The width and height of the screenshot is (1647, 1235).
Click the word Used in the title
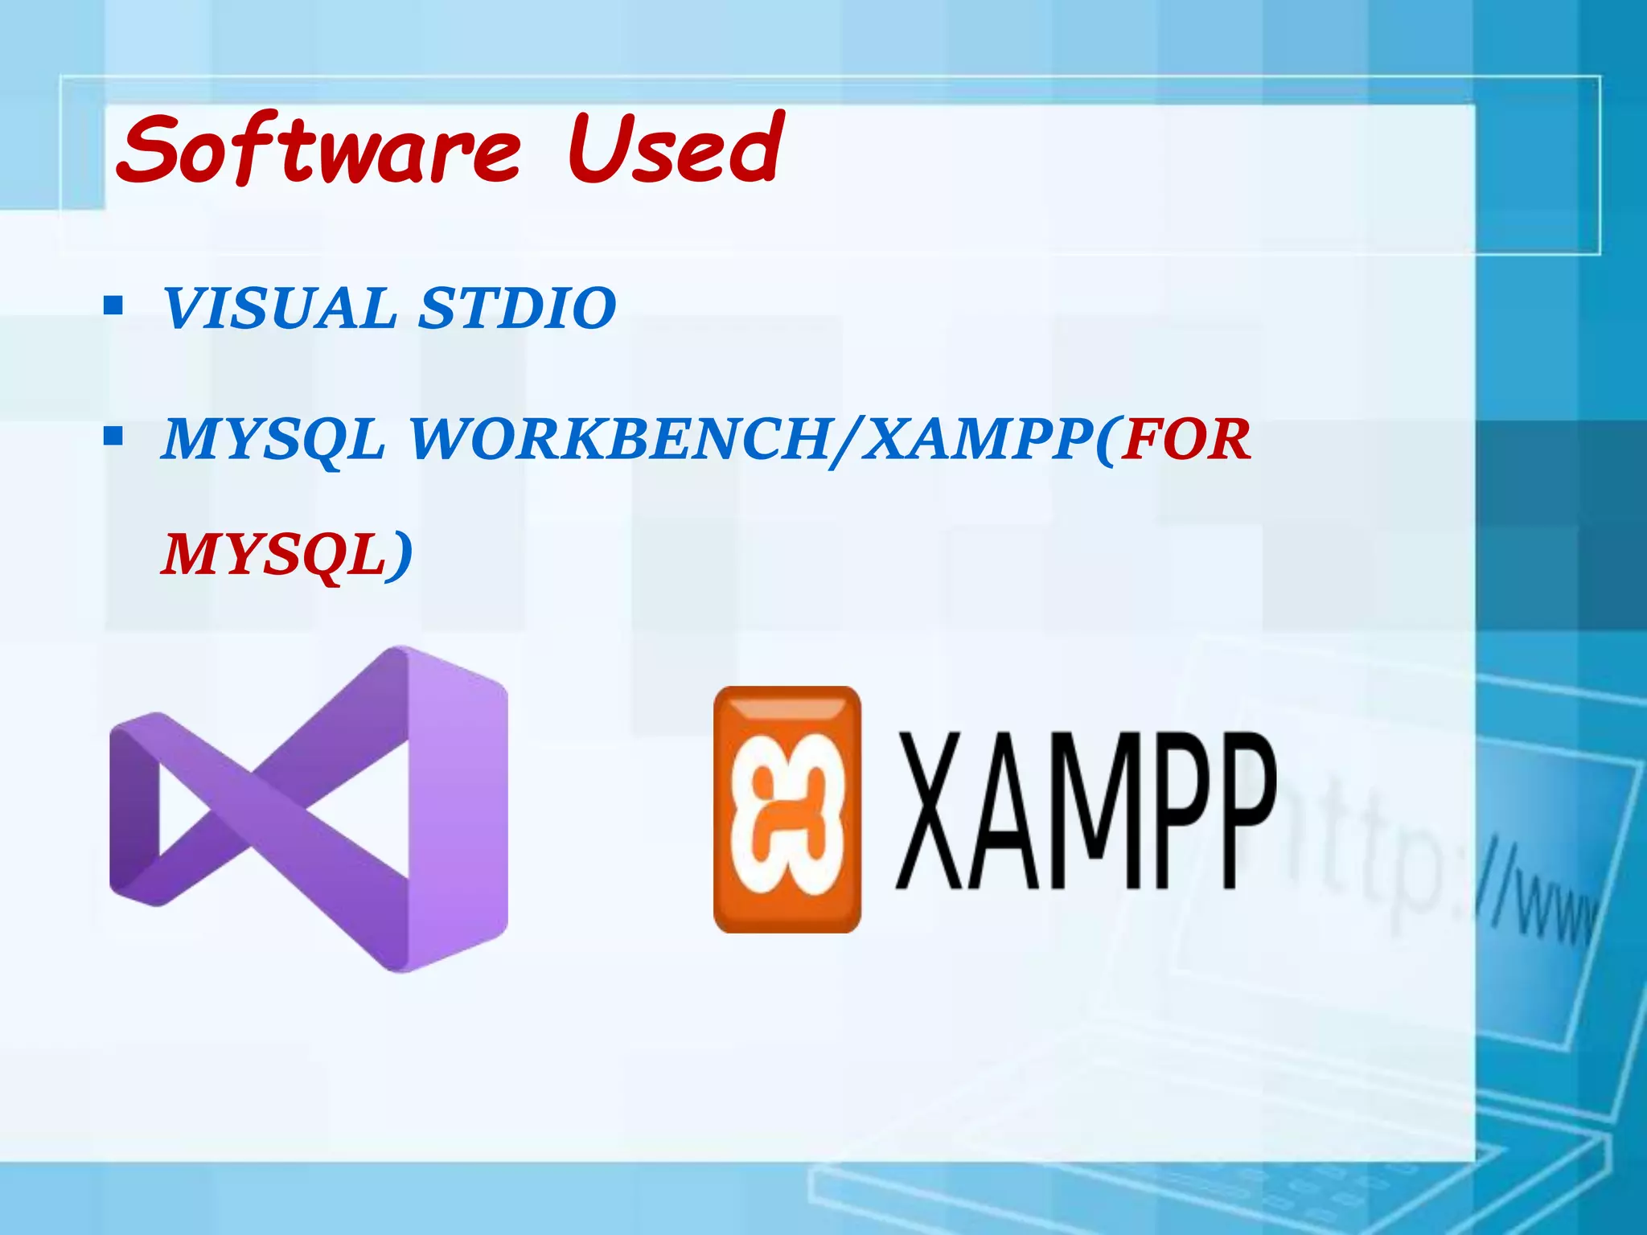(x=674, y=149)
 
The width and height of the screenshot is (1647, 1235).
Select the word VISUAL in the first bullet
(x=280, y=308)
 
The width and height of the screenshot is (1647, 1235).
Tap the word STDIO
(x=517, y=308)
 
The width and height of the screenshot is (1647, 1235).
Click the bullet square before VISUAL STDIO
(x=113, y=306)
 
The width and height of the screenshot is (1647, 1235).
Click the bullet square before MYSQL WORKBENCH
(x=113, y=438)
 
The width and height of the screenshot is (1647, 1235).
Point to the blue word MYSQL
(x=273, y=440)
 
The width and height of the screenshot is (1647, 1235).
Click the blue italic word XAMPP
(x=976, y=440)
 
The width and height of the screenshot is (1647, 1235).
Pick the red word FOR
(x=1186, y=440)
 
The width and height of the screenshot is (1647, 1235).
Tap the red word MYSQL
(x=273, y=555)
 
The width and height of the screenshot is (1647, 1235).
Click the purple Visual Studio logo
(x=309, y=809)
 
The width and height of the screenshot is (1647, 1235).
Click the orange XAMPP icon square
(x=787, y=809)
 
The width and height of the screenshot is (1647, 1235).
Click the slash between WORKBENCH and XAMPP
(x=843, y=441)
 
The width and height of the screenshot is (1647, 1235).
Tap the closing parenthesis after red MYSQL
(x=402, y=556)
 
